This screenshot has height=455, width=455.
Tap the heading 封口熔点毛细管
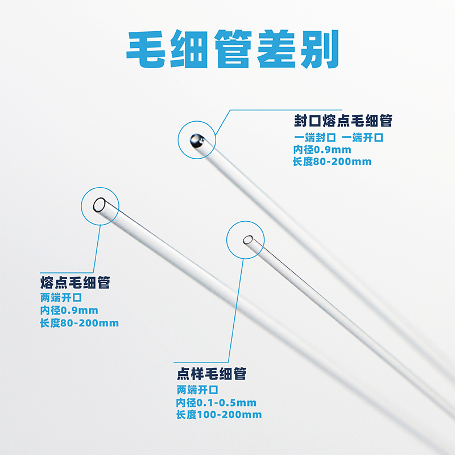tap(343, 121)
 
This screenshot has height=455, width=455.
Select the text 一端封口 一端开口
tap(339, 138)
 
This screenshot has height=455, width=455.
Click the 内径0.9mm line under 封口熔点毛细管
tap(322, 150)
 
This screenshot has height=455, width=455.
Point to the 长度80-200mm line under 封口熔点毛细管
tap(332, 162)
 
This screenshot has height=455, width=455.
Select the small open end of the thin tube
tap(247, 240)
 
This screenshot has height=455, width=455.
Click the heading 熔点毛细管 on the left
tap(75, 283)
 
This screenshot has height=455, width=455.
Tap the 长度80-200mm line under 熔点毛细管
tap(80, 323)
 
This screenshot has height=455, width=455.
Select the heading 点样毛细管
tap(212, 374)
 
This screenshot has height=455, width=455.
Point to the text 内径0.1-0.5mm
tap(217, 403)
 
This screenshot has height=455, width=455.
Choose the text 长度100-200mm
tap(219, 415)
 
